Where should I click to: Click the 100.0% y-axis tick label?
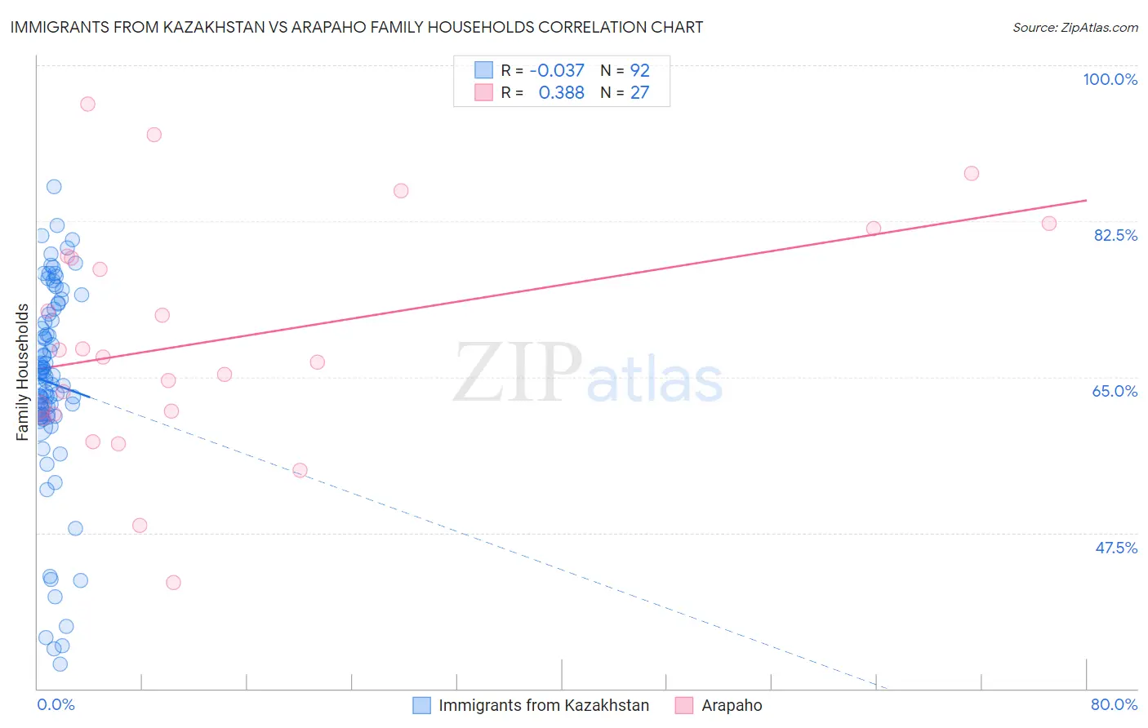click(1110, 79)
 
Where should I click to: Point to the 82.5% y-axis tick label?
click(1115, 235)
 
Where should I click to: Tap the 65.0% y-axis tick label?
click(1115, 391)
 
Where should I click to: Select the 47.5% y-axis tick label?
click(1115, 548)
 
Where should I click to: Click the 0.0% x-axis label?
click(56, 704)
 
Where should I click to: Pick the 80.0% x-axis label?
click(1114, 704)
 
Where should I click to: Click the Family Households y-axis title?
click(22, 372)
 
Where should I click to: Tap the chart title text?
click(356, 27)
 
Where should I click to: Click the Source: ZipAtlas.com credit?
click(1075, 27)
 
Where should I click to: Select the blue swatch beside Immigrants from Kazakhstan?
click(421, 705)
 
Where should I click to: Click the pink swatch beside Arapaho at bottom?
click(684, 705)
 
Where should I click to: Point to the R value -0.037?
click(557, 71)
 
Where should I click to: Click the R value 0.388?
click(561, 93)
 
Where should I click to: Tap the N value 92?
click(639, 71)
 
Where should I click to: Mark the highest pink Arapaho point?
click(87, 104)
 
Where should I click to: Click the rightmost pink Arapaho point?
click(1049, 224)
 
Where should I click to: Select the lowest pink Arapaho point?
click(173, 583)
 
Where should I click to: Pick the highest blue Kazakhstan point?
click(54, 187)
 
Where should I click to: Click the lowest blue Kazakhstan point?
click(60, 664)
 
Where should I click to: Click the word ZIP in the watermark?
click(518, 373)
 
